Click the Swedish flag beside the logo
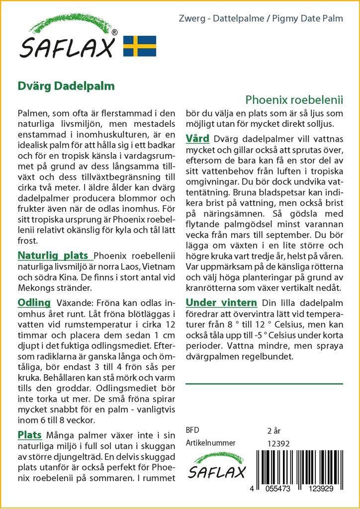pyautogui.click(x=140, y=46)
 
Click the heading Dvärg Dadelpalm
pyautogui.click(x=66, y=85)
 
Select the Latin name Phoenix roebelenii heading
pyautogui.click(x=294, y=99)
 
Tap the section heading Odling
pyautogui.click(x=34, y=303)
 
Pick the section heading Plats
pyautogui.click(x=30, y=435)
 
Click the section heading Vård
pyautogui.click(x=197, y=138)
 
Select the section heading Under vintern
pyautogui.click(x=221, y=303)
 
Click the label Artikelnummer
pyautogui.click(x=210, y=443)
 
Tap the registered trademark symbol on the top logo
pyautogui.click(x=115, y=33)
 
